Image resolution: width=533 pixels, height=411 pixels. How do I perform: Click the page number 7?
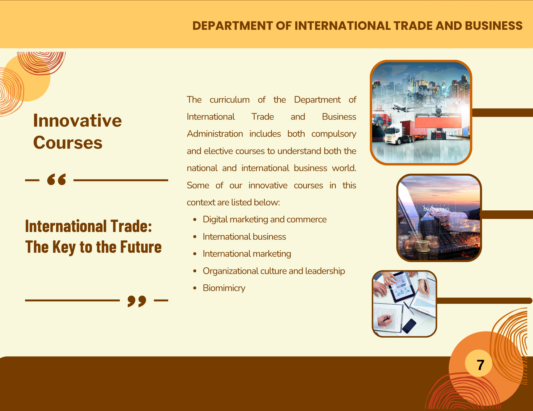480,365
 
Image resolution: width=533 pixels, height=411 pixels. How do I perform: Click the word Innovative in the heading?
77,121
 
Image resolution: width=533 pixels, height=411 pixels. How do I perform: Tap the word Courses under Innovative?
68,143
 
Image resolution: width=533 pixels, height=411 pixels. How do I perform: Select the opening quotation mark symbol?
56,179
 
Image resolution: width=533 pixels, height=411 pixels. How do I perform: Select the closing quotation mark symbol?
137,301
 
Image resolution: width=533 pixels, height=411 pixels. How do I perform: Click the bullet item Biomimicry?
224,288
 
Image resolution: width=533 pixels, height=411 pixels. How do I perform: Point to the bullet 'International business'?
244,237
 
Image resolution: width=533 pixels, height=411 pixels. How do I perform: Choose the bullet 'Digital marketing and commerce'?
265,219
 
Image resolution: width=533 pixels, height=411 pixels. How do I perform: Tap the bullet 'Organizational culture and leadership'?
274,271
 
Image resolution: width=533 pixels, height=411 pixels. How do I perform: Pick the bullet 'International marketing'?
247,254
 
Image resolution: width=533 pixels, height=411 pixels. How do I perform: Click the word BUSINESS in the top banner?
494,26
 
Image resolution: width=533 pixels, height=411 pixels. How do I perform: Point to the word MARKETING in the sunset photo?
437,209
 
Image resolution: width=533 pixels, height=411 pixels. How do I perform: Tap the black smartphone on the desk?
409,326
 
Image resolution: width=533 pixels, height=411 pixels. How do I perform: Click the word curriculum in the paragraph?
229,100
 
